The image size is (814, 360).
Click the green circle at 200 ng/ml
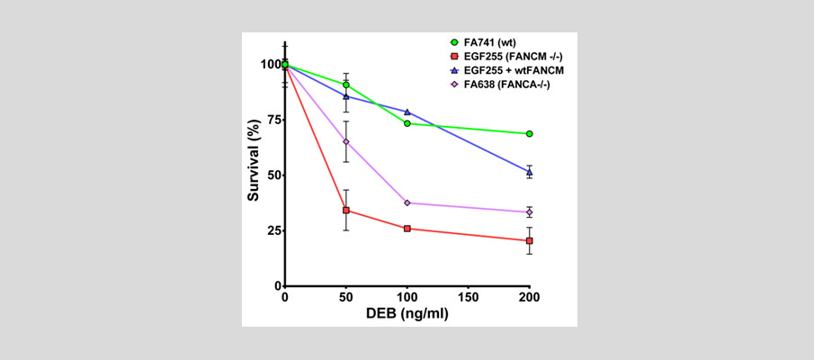pos(530,134)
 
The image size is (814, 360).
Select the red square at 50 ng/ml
pos(346,211)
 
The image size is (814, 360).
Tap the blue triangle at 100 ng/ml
pos(407,112)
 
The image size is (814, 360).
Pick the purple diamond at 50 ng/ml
pos(346,141)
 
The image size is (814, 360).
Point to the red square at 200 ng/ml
pos(530,241)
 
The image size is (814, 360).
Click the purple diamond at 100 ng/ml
pos(407,203)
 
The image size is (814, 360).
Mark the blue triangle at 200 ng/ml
pos(530,171)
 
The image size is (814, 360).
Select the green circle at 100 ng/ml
pos(407,123)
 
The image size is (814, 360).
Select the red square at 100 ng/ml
pos(407,229)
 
